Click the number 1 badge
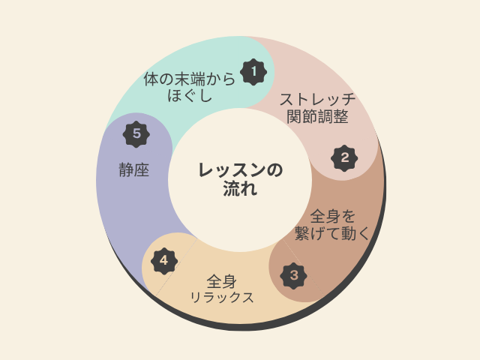(253, 72)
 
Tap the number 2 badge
(344, 158)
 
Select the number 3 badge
(293, 275)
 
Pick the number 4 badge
(164, 261)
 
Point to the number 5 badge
(136, 134)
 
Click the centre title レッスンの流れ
(240, 179)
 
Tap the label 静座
(133, 170)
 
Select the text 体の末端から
(189, 79)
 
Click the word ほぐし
(190, 94)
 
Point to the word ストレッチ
(317, 99)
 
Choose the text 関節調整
(317, 116)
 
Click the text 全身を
(332, 217)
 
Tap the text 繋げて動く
(332, 233)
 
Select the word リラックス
(222, 297)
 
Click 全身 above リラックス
(222, 282)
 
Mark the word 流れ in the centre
(240, 188)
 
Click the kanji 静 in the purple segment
(127, 170)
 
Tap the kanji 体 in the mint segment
(151, 79)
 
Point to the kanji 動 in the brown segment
(348, 233)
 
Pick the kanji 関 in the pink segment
(295, 116)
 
